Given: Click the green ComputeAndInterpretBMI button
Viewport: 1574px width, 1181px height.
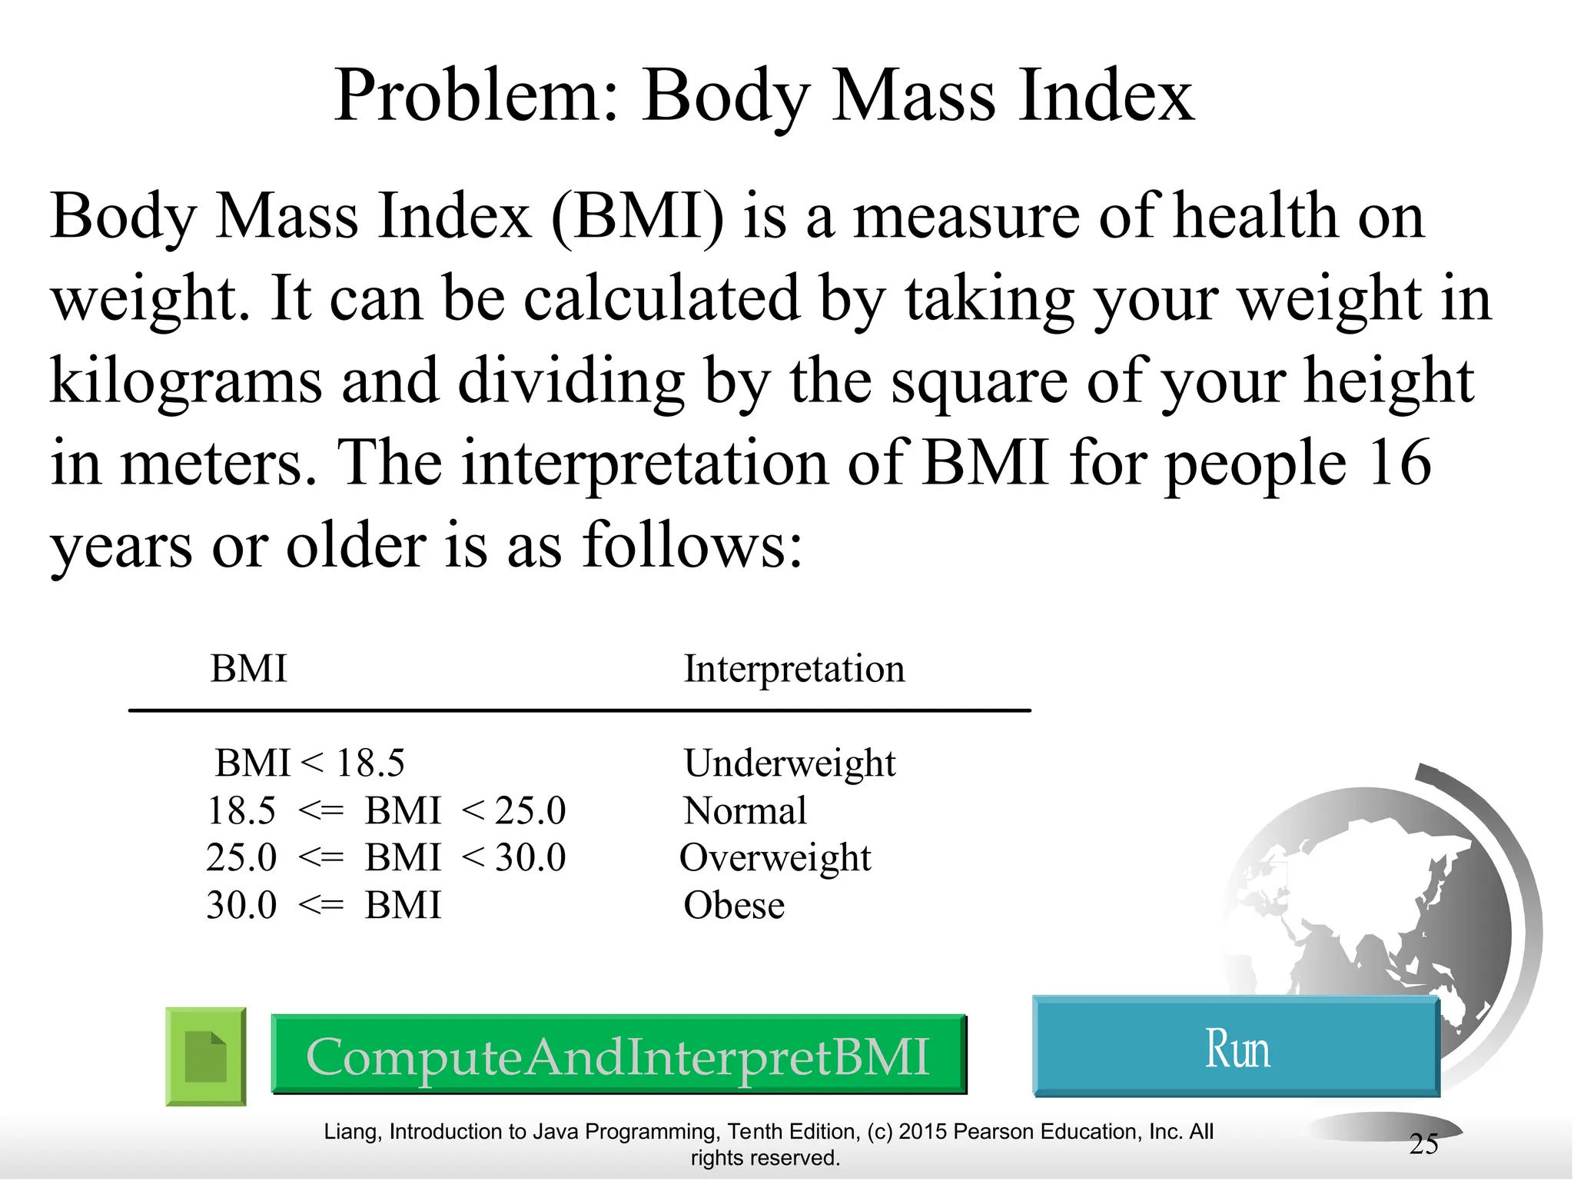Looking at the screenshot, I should (619, 1055).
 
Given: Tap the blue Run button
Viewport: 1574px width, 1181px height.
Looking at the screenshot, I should (1236, 1047).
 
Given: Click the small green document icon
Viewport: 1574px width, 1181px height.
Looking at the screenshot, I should (206, 1056).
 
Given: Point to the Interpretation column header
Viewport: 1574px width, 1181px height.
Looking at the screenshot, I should (794, 669).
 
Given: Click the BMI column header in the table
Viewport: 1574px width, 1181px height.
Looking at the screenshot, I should (248, 668).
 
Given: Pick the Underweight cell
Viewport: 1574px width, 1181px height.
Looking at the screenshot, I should (789, 763).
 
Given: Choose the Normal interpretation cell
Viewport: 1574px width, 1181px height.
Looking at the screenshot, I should (745, 810).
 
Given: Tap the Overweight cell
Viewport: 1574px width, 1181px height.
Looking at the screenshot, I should (775, 857).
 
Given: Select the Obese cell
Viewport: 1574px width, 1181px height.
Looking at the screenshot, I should (734, 905).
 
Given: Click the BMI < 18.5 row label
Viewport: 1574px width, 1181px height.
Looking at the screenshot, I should (309, 763).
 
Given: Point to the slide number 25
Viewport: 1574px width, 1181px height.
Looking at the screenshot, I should (1423, 1144).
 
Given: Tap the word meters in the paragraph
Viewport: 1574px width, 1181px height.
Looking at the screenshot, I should (218, 463).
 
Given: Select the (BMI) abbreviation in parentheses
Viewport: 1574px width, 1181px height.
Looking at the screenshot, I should (637, 216).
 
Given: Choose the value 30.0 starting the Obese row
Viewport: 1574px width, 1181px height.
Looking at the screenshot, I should (241, 905).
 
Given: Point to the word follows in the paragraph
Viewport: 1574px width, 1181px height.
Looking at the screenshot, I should (691, 545).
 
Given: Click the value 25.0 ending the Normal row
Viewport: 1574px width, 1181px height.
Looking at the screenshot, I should (530, 810).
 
